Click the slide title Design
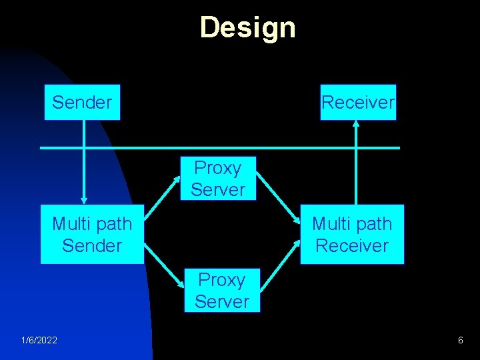(247, 28)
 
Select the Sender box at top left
(82, 102)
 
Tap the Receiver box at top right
(358, 102)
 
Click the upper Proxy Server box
(218, 179)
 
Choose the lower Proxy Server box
(222, 291)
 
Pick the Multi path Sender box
(92, 235)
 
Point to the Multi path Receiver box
(352, 235)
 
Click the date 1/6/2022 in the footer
(39, 341)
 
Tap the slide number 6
(460, 341)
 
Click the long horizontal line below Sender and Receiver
(220, 147)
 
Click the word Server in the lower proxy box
(222, 301)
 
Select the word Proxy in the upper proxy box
(217, 168)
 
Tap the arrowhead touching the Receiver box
(356, 124)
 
